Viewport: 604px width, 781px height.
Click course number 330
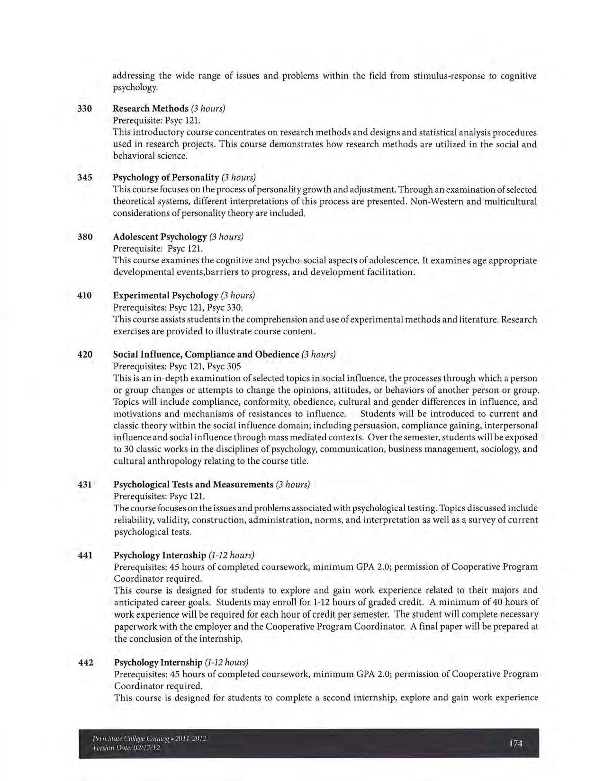(84, 108)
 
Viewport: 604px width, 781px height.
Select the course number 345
(84, 177)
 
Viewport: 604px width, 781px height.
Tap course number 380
(84, 237)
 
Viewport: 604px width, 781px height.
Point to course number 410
(84, 295)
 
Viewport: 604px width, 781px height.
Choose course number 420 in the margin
(84, 354)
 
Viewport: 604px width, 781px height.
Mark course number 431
(85, 484)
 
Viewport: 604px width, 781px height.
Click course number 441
(85, 555)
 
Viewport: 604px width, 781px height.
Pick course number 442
(85, 662)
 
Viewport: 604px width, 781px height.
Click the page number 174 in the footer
(515, 743)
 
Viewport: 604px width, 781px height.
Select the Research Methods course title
(151, 108)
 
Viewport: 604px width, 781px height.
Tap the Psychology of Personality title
(166, 177)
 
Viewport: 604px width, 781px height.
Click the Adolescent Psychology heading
(160, 237)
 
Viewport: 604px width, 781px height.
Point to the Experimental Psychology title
(166, 295)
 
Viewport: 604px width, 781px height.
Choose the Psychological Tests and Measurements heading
(193, 484)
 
